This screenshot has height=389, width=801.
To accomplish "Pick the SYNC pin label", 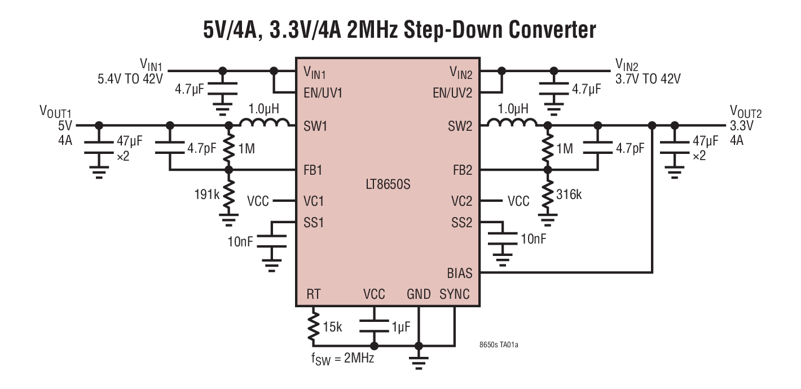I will click(454, 295).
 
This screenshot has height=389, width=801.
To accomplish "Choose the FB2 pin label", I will click(461, 169).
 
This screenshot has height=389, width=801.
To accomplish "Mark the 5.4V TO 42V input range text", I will click(130, 79).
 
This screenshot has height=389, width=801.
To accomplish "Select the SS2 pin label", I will click(462, 222).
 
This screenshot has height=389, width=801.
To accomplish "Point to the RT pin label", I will click(314, 294).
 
